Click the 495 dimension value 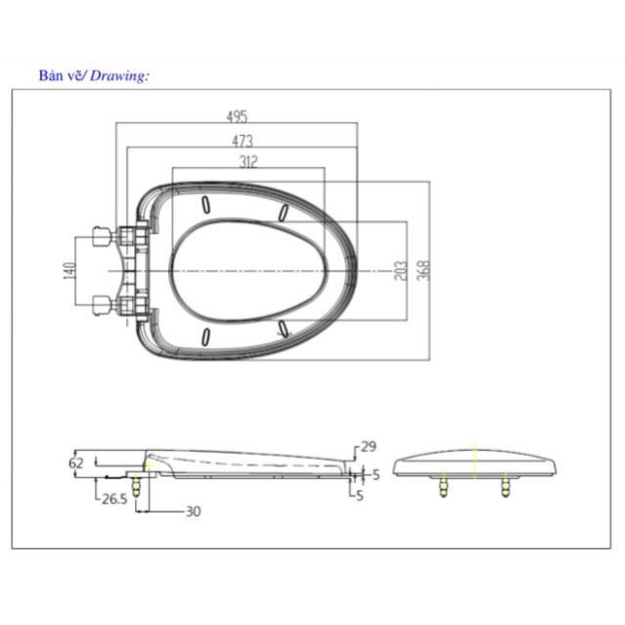(x=237, y=116)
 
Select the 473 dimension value (x=243, y=141)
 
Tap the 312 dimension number (x=248, y=162)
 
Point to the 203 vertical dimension (x=401, y=271)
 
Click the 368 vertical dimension (x=424, y=270)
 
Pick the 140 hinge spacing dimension (x=69, y=271)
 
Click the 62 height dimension (x=76, y=464)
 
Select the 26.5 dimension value (x=114, y=499)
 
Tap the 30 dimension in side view (x=194, y=512)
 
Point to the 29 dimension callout (x=369, y=446)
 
